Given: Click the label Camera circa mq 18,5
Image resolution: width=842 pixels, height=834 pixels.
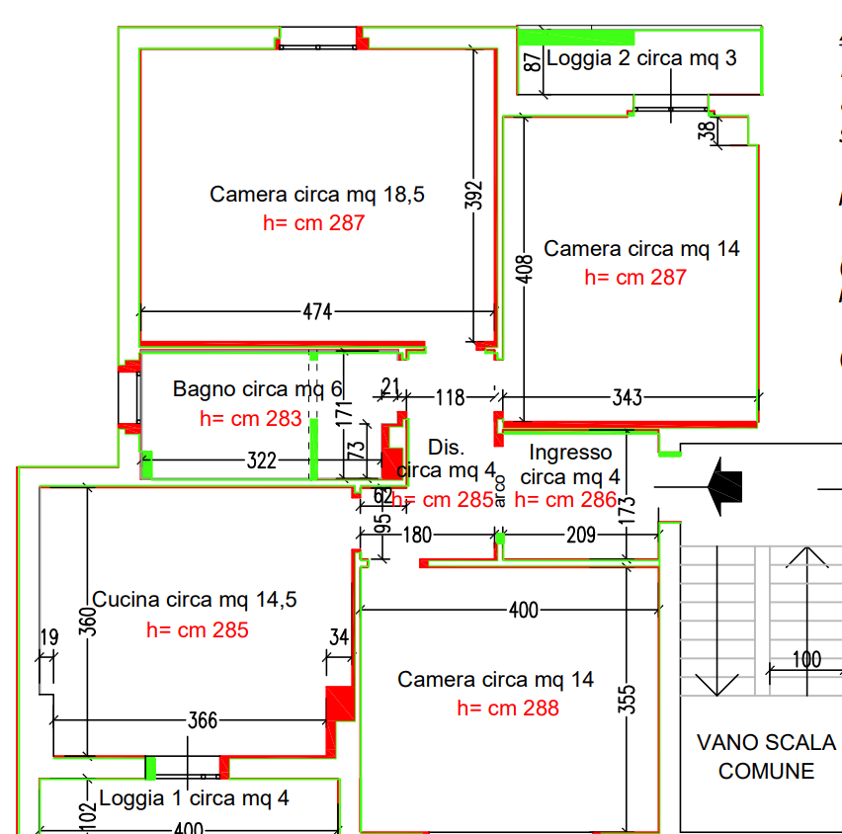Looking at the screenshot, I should [317, 195].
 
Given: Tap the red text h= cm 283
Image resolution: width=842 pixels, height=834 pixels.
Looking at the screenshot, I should [250, 419].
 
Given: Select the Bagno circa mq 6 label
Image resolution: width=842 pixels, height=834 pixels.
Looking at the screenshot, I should [257, 389].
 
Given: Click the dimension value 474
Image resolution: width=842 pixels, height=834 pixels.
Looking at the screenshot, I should [317, 312].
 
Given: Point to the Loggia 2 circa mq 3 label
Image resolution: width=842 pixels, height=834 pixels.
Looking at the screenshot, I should [641, 58].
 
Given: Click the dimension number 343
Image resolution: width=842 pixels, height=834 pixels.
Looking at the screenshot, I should [627, 398].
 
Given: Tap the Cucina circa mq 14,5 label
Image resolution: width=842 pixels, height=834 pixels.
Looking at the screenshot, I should [194, 600].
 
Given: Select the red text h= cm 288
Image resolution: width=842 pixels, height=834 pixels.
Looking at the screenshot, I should [508, 709].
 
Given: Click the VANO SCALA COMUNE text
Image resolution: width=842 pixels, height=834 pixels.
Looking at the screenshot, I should [766, 756].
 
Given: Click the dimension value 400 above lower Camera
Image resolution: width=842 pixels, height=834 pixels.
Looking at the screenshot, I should [524, 610].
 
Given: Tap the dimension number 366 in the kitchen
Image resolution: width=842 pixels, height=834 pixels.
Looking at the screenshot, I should [203, 720].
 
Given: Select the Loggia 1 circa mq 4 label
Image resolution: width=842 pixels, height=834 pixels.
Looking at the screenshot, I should [194, 797].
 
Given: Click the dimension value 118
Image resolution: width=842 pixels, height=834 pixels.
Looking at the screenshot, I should [450, 398].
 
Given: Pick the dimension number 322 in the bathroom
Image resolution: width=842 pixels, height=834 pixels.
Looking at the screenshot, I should [262, 461].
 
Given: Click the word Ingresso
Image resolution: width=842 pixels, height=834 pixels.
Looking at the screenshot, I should [570, 453].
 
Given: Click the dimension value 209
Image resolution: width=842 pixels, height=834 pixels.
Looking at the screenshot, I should [580, 538].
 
